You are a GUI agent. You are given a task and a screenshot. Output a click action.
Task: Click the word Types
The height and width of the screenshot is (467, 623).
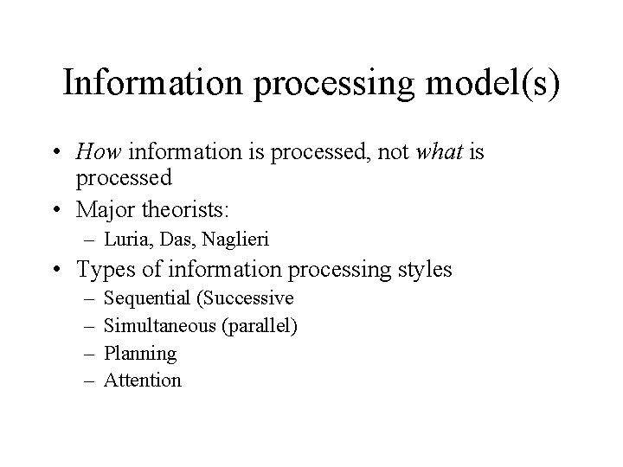pyautogui.click(x=106, y=270)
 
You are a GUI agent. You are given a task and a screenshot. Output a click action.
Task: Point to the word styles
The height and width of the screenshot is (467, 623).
pyautogui.click(x=422, y=270)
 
